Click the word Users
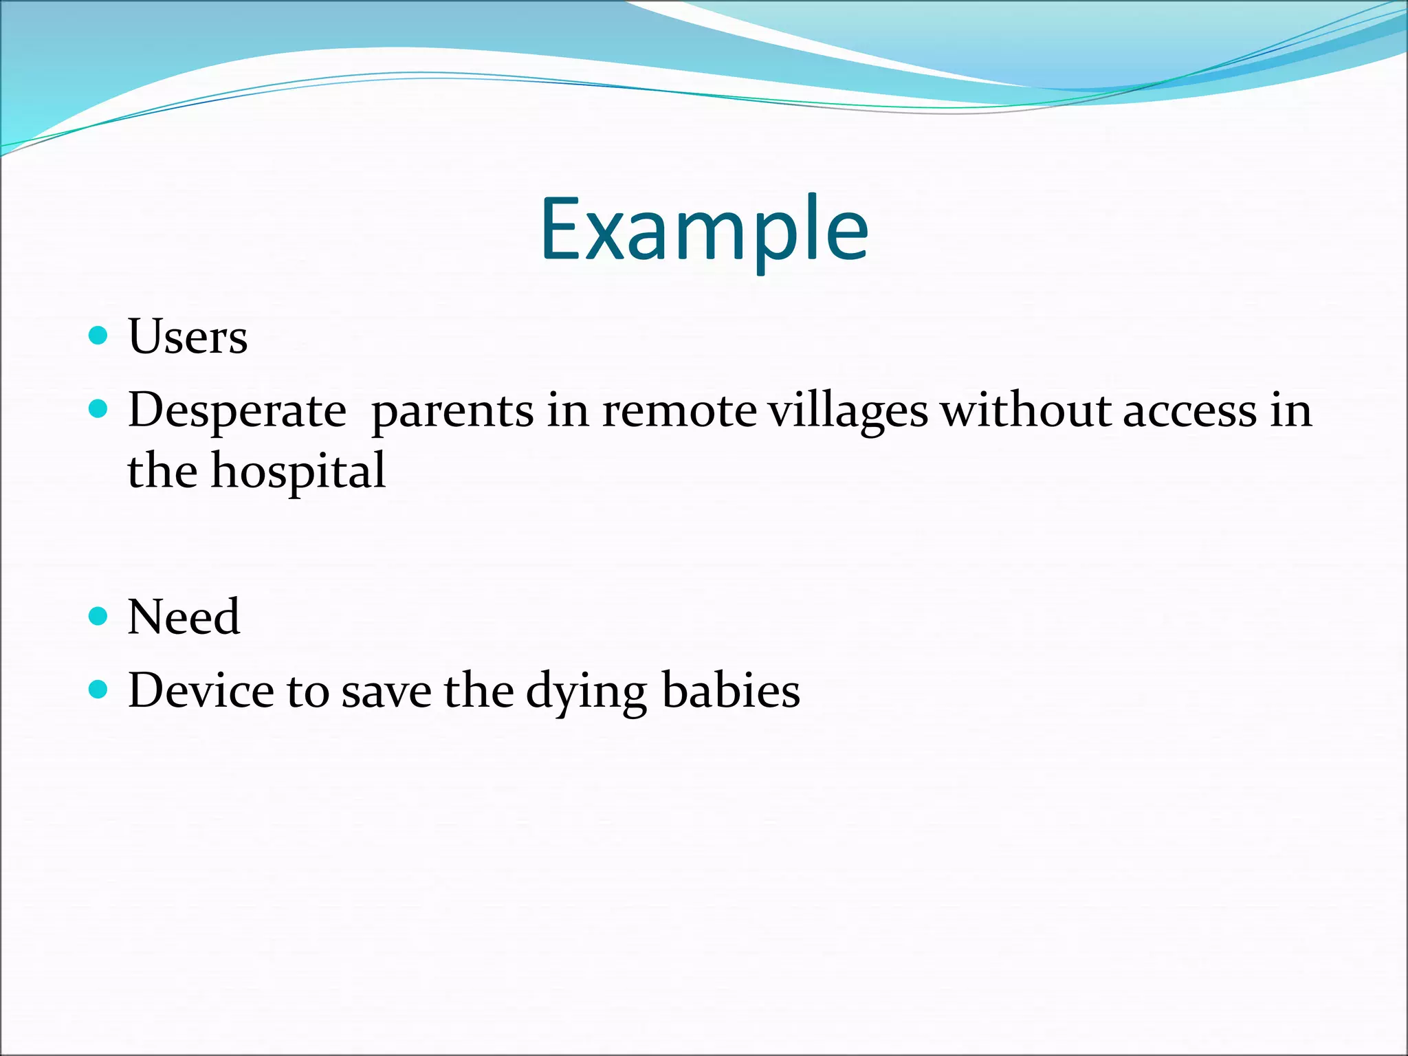pos(188,337)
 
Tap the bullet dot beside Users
pos(99,335)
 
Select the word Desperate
pos(237,411)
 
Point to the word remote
pos(679,411)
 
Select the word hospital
pos(298,473)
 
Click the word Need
pos(184,617)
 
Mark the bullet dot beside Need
pos(99,615)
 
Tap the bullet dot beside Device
pos(99,690)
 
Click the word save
pos(386,692)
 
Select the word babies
pos(731,690)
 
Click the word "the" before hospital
pos(162,472)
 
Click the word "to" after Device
pos(307,692)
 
